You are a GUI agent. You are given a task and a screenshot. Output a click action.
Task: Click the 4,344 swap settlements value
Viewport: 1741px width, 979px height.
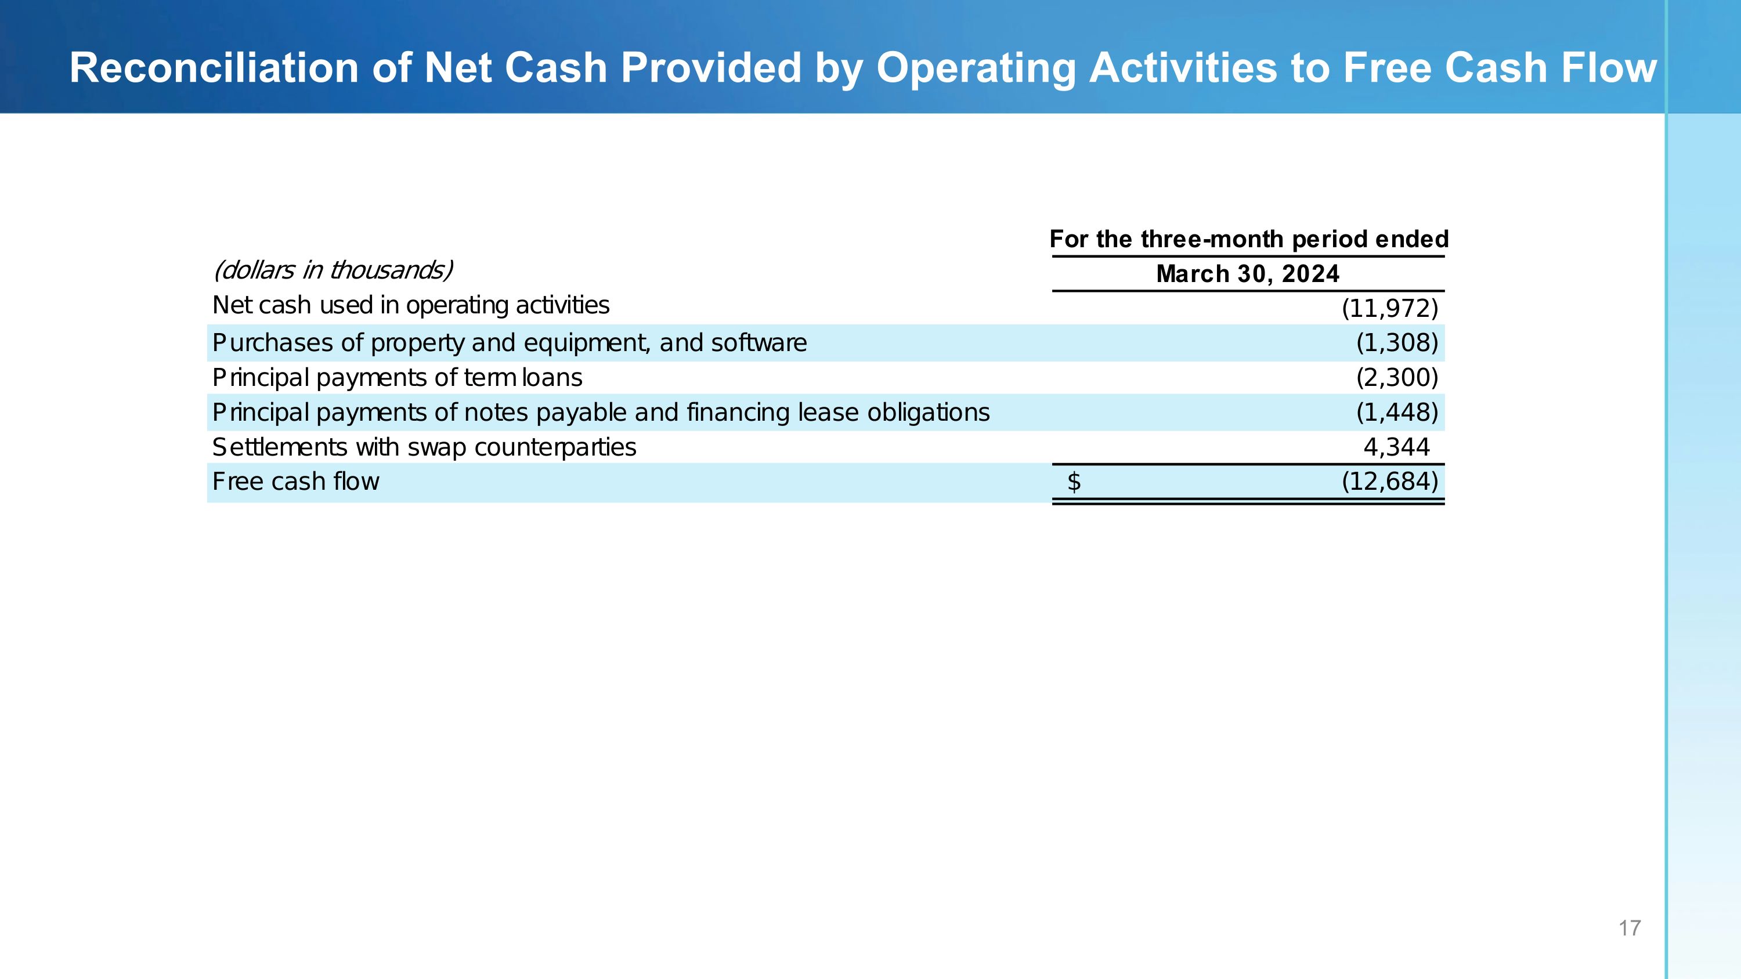click(x=1396, y=447)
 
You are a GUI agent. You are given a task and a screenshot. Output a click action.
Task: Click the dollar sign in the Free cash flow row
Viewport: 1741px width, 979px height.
click(x=1074, y=482)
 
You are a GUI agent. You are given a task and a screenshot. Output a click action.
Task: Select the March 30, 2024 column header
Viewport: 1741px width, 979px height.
click(x=1248, y=274)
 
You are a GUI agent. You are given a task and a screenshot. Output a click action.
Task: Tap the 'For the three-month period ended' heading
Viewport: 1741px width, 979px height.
click(x=1248, y=239)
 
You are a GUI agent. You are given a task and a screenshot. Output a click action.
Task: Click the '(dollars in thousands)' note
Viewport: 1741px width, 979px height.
click(x=333, y=270)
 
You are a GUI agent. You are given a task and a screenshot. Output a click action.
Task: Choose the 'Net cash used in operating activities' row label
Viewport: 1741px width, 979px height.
click(x=410, y=305)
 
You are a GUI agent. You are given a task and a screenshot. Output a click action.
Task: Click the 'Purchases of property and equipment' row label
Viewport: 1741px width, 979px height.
click(x=509, y=343)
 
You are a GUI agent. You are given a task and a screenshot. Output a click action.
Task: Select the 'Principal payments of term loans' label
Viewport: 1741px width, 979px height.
click(x=397, y=378)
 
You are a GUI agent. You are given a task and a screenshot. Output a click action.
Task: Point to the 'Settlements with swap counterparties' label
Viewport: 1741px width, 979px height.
click(x=424, y=447)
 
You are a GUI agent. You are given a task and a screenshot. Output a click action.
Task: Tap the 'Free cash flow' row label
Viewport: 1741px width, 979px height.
click(x=295, y=482)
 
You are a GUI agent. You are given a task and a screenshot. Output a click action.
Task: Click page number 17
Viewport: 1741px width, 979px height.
click(x=1630, y=929)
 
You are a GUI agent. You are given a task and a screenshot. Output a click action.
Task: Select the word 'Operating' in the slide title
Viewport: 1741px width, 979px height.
click(x=976, y=68)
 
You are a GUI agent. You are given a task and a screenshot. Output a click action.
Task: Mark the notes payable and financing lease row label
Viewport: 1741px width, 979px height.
click(x=601, y=413)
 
